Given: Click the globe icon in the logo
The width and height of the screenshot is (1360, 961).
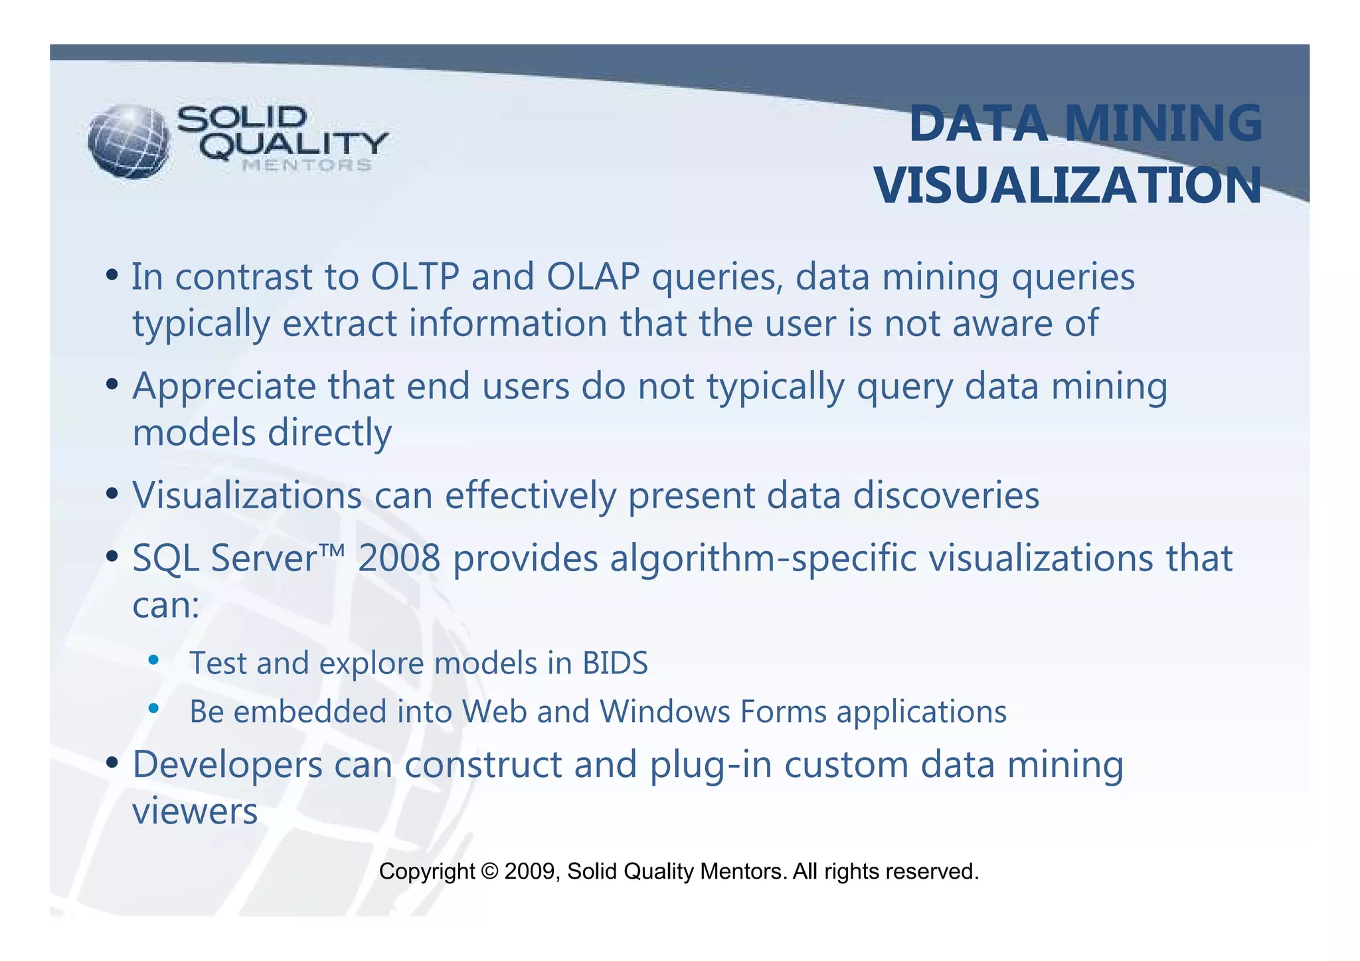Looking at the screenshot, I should click(129, 141).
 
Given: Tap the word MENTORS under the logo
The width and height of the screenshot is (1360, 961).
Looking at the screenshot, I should click(306, 165).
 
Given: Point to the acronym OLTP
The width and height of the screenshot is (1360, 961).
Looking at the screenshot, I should click(415, 277).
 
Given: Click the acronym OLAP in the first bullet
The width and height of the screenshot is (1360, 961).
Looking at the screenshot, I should click(593, 277).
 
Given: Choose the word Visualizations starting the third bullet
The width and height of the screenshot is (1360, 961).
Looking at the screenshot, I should click(247, 495).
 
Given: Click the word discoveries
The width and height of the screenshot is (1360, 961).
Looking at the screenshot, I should click(946, 495).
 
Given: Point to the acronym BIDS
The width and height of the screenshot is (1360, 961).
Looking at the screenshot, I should click(615, 663).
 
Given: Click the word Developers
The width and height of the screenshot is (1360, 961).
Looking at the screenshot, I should click(227, 765).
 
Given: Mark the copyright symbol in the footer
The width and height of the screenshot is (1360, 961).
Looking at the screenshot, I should click(489, 871).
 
